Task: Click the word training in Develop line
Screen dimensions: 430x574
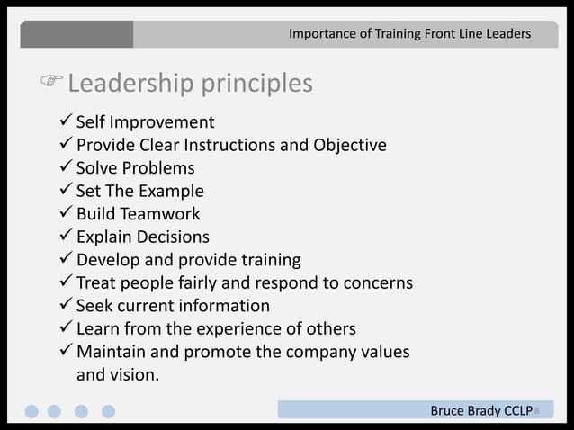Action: click(271, 261)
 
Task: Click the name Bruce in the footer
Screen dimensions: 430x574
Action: click(448, 411)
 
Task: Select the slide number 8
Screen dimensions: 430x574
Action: click(537, 411)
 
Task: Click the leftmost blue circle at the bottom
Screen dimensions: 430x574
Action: click(31, 411)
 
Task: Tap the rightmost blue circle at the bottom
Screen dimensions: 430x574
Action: click(109, 411)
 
